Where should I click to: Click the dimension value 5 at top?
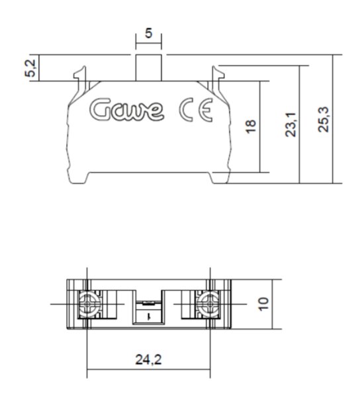click(150, 32)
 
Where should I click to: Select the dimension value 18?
click(250, 126)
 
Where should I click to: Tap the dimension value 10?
click(265, 304)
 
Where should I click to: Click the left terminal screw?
click(87, 304)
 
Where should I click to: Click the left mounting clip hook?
click(81, 73)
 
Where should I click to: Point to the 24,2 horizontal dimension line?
click(149, 369)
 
